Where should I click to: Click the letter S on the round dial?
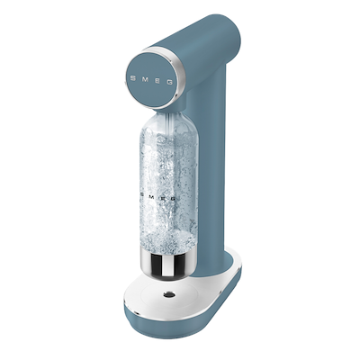coord(133,78)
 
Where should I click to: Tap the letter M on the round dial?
coord(145,79)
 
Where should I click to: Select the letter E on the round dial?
coord(157,80)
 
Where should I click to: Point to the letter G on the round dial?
coord(170,82)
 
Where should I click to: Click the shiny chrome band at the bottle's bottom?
coord(168,264)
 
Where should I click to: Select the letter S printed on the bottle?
coord(142,194)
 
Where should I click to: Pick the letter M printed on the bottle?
coord(152,196)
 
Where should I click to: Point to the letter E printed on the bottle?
coord(162,197)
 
